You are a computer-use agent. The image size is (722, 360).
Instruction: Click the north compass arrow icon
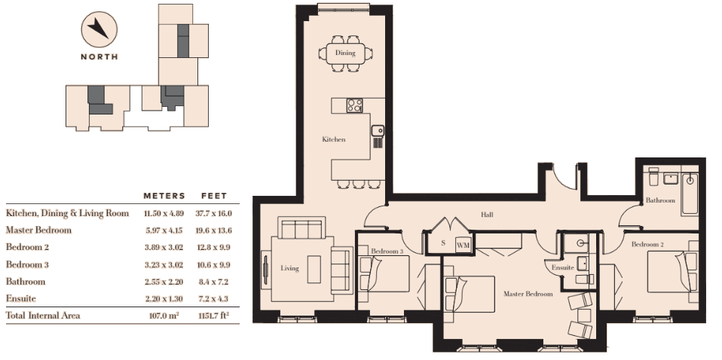[99, 29]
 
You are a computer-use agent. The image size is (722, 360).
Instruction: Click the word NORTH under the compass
[99, 56]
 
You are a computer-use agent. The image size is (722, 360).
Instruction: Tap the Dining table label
[345, 53]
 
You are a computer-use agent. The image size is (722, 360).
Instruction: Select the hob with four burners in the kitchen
[354, 105]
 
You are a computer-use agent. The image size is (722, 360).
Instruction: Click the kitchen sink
[378, 131]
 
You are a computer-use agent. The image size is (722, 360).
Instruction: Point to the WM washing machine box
[463, 245]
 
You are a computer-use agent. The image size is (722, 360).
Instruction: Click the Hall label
[487, 214]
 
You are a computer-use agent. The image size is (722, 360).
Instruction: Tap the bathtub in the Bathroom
[690, 194]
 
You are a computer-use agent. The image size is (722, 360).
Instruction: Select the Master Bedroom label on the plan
[528, 294]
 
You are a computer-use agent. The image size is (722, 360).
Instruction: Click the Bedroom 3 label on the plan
[387, 251]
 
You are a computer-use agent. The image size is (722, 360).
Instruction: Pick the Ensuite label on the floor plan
[563, 267]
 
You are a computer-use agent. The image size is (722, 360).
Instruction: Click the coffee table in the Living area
[314, 270]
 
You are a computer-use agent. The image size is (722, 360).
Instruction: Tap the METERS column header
[164, 196]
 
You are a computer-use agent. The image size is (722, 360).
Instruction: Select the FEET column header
[214, 196]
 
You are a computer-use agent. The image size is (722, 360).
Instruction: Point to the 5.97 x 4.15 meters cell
[164, 230]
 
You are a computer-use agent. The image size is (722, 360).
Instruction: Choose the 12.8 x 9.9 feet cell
[214, 247]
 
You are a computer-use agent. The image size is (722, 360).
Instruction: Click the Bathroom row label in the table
[26, 281]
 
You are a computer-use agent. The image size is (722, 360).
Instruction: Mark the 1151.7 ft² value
[213, 316]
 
